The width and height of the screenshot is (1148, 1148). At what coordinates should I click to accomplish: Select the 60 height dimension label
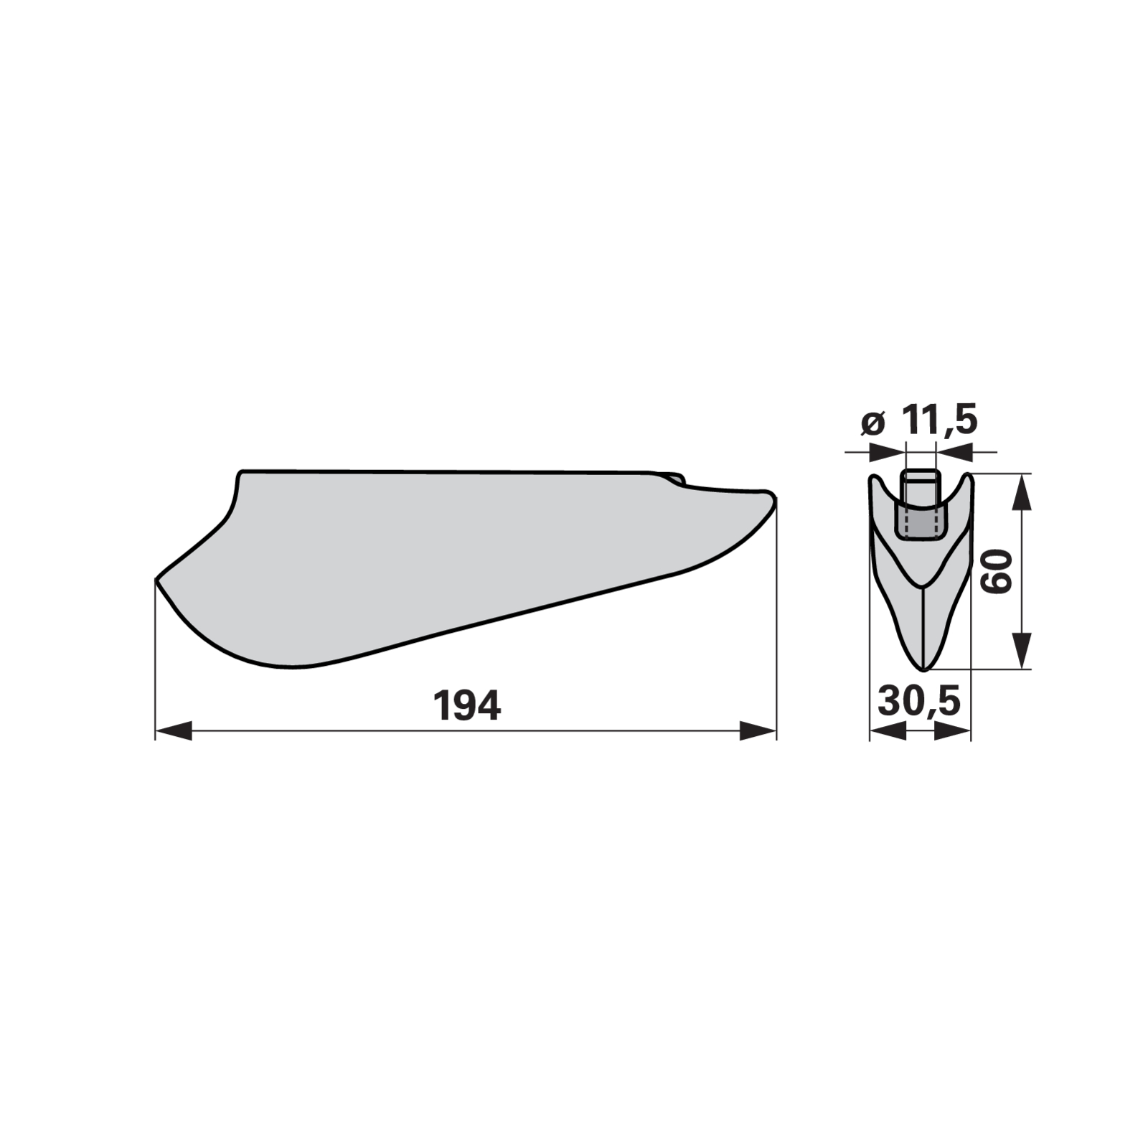click(x=998, y=572)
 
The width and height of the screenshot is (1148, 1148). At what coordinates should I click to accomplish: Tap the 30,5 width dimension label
click(x=918, y=701)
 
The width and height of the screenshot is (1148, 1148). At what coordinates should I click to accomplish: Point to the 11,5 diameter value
click(x=940, y=420)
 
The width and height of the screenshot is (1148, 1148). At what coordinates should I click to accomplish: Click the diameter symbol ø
click(x=872, y=423)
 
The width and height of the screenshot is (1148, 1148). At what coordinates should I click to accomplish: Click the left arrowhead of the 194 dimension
click(x=174, y=731)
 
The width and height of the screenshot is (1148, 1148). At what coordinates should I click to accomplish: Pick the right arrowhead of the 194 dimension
click(x=758, y=731)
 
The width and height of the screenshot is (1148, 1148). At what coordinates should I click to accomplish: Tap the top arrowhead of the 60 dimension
click(x=1022, y=491)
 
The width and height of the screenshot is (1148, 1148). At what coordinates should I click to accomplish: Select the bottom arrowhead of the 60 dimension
click(x=1022, y=651)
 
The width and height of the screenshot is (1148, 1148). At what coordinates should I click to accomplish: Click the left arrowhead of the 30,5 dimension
click(x=888, y=731)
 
